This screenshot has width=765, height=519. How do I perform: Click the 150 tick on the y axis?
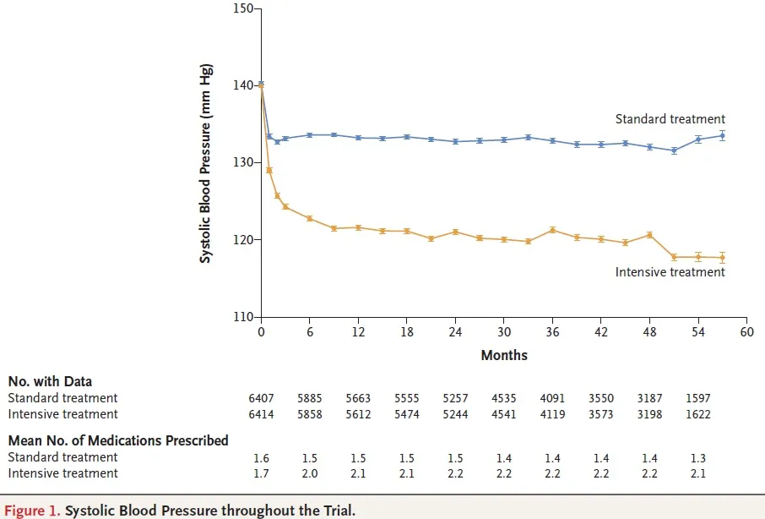click(x=244, y=8)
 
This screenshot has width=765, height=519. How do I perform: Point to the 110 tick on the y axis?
click(x=244, y=317)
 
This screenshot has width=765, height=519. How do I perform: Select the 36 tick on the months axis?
click(x=552, y=332)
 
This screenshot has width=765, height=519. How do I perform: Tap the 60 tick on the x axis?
click(x=746, y=332)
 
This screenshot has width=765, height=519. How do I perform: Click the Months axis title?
click(x=504, y=355)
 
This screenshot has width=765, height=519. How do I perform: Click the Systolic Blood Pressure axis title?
click(x=205, y=163)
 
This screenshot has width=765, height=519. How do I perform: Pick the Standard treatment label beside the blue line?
click(x=670, y=119)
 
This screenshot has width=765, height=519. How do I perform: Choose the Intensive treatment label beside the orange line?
click(x=670, y=272)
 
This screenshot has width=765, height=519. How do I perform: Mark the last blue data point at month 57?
click(x=722, y=135)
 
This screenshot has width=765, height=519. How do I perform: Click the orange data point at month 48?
click(x=649, y=234)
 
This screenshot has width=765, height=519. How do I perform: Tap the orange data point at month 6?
click(x=310, y=218)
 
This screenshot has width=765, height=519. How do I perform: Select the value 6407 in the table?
click(x=262, y=397)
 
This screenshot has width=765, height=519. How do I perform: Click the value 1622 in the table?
click(x=697, y=414)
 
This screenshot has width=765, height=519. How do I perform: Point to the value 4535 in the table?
click(x=504, y=397)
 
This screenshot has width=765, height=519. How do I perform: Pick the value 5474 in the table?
click(x=407, y=414)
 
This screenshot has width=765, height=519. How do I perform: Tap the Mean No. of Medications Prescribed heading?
click(x=118, y=440)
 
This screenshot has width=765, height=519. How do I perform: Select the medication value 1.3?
click(x=697, y=457)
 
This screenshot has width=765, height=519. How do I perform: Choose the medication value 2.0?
click(x=310, y=473)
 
